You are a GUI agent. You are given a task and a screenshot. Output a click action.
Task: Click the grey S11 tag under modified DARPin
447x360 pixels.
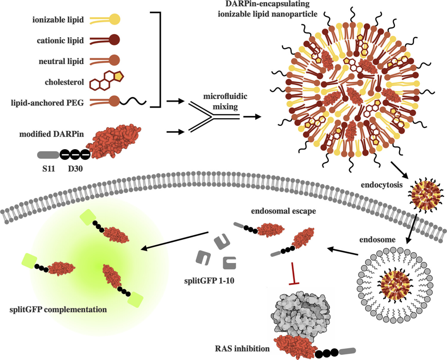[48, 155]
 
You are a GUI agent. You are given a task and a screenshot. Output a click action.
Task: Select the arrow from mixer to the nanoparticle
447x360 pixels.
[252, 117]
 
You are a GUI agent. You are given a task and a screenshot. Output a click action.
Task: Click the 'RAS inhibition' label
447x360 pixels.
[243, 349]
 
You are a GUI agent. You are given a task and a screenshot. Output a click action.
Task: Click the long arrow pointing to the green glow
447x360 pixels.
[174, 241]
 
